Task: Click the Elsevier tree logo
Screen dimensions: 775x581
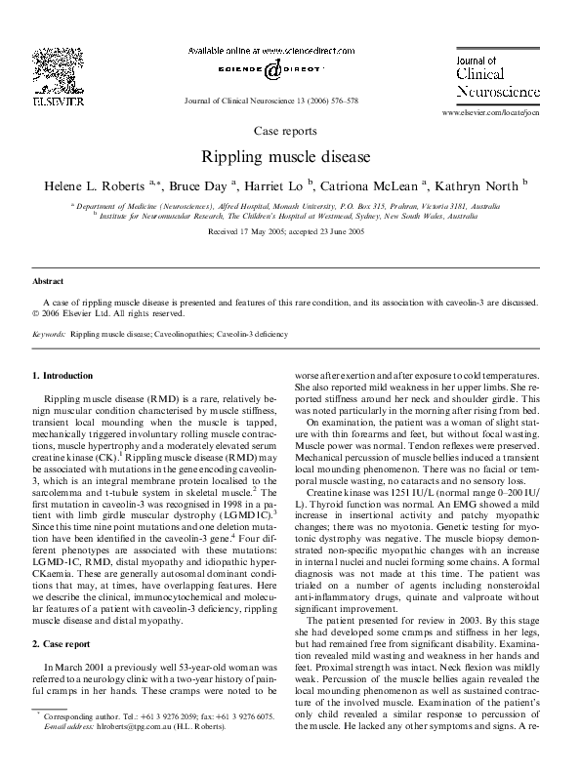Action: tap(48, 68)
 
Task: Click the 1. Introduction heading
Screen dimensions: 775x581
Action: tap(63, 375)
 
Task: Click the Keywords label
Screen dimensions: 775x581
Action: tap(49, 334)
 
